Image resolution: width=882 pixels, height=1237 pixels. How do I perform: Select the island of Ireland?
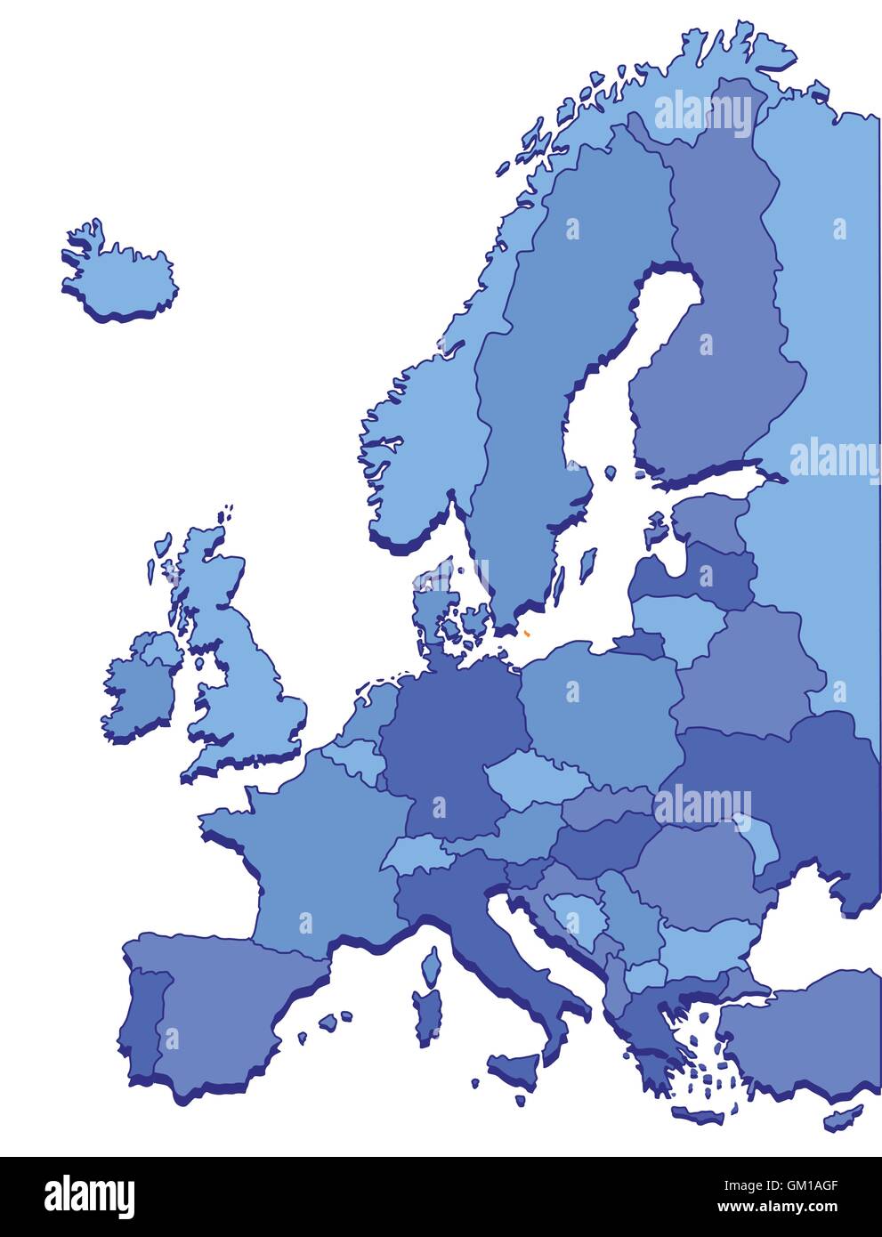pyautogui.click(x=141, y=685)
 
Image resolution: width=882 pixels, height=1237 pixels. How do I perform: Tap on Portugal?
pyautogui.click(x=142, y=1023)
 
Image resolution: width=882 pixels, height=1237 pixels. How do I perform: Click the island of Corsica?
pyautogui.click(x=433, y=966)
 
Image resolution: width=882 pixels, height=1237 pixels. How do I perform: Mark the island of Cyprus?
pyautogui.click(x=842, y=1116)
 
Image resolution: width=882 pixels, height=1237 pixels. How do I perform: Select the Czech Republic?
pyautogui.click(x=534, y=779)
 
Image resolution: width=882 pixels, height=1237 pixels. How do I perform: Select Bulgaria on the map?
pyautogui.click(x=708, y=943)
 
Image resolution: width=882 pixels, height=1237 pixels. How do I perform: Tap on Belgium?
pyautogui.click(x=353, y=756)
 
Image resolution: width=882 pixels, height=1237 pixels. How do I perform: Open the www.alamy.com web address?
pyautogui.click(x=777, y=1208)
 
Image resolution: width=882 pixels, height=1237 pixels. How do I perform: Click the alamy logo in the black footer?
pyautogui.click(x=89, y=1197)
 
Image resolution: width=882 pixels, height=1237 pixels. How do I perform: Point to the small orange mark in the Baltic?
pyautogui.click(x=526, y=634)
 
